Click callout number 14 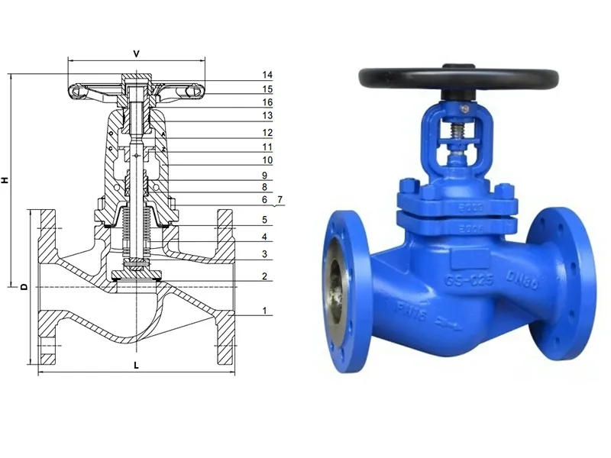coord(267,75)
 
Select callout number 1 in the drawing coord(264,311)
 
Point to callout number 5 coord(264,220)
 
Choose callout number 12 coord(267,132)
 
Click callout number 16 coord(267,102)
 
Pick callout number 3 coord(264,254)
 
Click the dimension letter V coord(136,53)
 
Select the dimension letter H coord(6,180)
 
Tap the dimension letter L coord(136,366)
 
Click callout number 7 coord(280,199)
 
